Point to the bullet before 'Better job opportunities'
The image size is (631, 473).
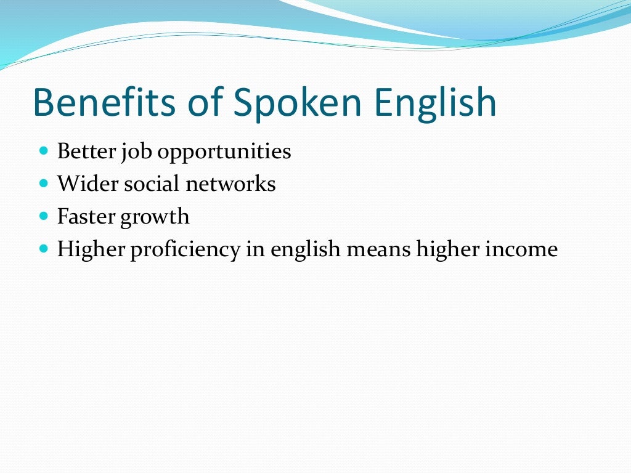click(43, 150)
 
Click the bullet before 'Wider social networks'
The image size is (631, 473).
click(43, 183)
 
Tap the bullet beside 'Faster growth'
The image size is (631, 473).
click(43, 216)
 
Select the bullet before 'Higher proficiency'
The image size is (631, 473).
click(43, 249)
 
